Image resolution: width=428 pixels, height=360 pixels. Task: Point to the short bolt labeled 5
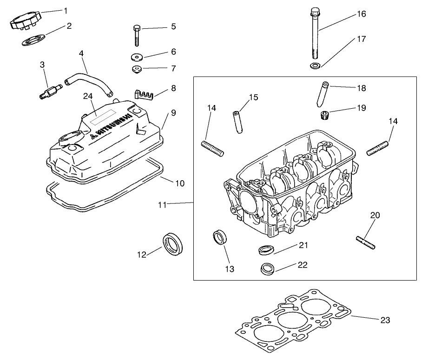(x=136, y=35)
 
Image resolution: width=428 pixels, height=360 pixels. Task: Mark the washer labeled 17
(x=315, y=65)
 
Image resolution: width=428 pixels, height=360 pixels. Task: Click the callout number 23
(x=385, y=320)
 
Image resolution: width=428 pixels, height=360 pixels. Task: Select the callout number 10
(x=179, y=183)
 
